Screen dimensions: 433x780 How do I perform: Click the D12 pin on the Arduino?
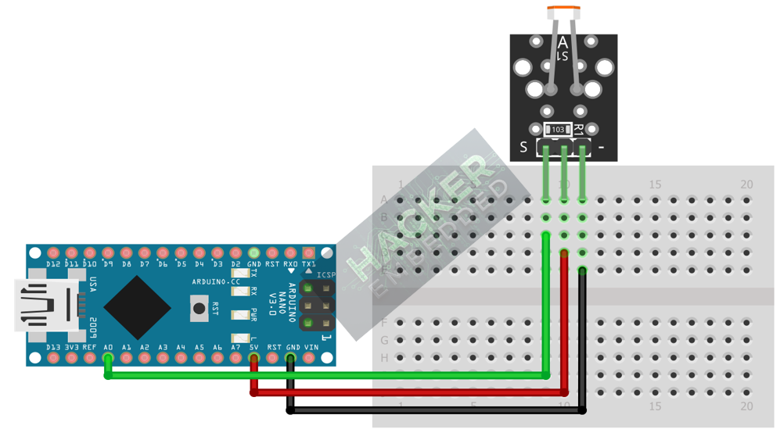[x=53, y=253]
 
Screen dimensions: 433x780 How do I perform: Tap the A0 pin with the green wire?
[x=108, y=359]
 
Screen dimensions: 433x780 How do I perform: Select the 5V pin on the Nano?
[x=253, y=359]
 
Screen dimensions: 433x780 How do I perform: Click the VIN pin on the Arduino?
[x=309, y=359]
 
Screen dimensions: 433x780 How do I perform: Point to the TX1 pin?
[x=309, y=253]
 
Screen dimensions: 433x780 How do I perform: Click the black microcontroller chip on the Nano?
[x=137, y=306]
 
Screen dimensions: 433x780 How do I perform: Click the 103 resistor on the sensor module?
[x=557, y=130]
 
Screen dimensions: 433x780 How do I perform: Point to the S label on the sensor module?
[x=523, y=147]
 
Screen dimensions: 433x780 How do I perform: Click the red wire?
[x=407, y=391]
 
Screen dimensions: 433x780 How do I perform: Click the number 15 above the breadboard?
[x=655, y=184]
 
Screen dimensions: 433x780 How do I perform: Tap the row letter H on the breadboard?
[x=384, y=357]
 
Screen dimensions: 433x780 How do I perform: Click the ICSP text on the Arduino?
[x=325, y=275]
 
